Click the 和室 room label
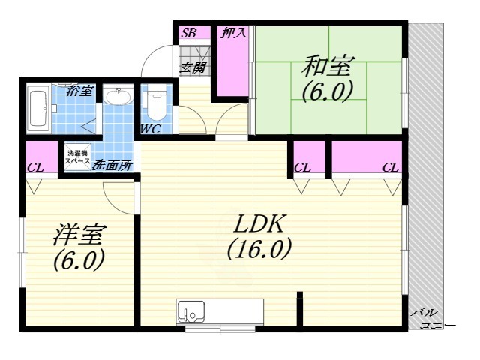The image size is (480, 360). [327, 67]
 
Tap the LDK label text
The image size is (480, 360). [259, 223]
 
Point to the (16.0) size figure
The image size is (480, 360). [259, 250]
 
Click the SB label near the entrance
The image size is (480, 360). [188, 33]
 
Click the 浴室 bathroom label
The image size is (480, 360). [79, 91]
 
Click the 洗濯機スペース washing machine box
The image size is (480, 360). [77, 157]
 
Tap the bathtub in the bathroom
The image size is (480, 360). [38, 109]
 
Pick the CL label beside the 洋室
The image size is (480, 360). [35, 166]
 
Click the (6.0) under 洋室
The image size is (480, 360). [78, 262]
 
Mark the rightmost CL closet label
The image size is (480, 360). [390, 167]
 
